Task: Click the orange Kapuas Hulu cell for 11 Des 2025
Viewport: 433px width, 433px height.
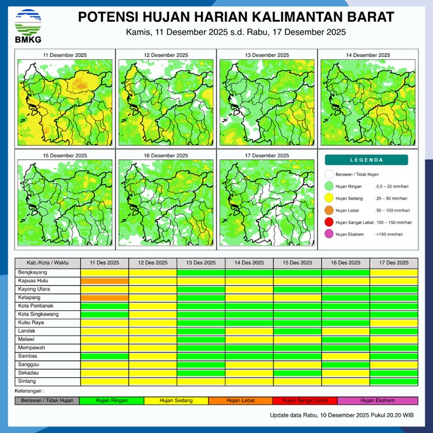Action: pos(105,281)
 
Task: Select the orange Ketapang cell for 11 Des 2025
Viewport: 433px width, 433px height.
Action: pos(105,298)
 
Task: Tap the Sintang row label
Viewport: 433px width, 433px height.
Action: pos(27,381)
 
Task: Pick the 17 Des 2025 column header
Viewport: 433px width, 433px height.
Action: pos(393,263)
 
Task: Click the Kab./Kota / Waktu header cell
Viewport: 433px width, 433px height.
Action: pos(48,263)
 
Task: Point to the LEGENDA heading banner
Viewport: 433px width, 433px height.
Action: pos(366,160)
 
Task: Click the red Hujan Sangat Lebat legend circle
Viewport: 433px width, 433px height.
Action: pos(328,223)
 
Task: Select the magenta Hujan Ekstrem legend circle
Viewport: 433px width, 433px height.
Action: pos(328,235)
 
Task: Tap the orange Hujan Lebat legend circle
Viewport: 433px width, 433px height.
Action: pos(328,210)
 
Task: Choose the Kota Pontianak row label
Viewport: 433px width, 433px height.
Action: pos(35,306)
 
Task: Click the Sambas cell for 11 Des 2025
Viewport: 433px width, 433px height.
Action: pos(105,356)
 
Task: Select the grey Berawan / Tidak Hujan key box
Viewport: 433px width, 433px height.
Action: pos(47,401)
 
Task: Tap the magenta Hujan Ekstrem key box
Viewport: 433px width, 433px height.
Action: pos(378,401)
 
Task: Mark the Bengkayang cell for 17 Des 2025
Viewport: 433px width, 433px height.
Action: pos(393,272)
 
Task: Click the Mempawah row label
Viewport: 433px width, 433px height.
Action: pos(31,348)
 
